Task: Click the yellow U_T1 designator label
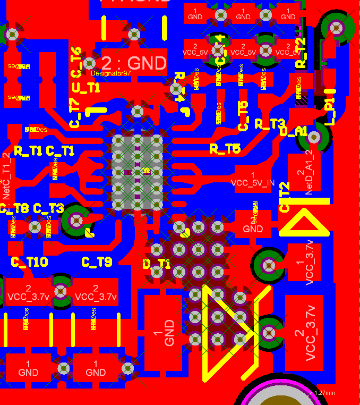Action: click(85, 88)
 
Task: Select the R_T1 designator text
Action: click(28, 150)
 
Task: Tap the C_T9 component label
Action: click(97, 261)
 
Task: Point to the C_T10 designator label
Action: click(30, 261)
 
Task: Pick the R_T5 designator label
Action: click(225, 149)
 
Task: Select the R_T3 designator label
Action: click(270, 124)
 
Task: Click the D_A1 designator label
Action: click(293, 131)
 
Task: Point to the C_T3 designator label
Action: click(48, 208)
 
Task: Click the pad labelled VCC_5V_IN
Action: click(253, 179)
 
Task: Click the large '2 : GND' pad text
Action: click(133, 63)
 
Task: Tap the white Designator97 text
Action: click(110, 73)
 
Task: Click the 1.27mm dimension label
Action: click(324, 393)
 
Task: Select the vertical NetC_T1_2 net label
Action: click(6, 176)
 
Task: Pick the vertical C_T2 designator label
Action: click(285, 197)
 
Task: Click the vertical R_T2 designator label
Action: click(301, 53)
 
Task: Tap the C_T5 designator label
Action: click(243, 116)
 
